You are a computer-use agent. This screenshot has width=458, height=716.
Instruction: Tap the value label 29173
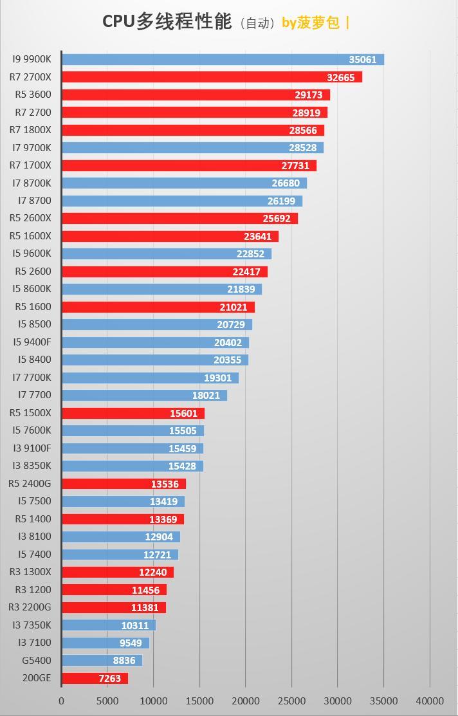[308, 95]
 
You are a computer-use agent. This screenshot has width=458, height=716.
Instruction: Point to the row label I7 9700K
[32, 148]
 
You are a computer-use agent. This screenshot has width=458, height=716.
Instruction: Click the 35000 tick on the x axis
[383, 701]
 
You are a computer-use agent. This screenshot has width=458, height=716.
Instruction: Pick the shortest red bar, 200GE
[95, 678]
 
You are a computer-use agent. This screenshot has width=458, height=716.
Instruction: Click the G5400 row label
[36, 660]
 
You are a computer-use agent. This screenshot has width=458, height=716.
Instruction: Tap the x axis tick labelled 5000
[107, 701]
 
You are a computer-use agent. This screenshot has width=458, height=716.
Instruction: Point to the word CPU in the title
[118, 22]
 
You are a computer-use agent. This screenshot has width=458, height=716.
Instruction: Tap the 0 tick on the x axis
[62, 701]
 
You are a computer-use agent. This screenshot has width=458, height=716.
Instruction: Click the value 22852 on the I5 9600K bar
[250, 254]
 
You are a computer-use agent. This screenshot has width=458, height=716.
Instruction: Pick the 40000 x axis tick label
[430, 701]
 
